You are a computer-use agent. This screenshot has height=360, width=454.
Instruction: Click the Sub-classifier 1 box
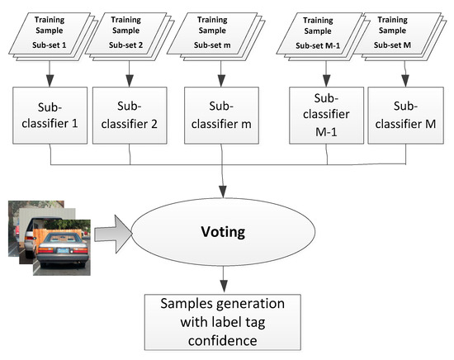click(x=52, y=118)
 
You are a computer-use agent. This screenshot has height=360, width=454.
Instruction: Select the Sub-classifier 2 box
click(x=130, y=118)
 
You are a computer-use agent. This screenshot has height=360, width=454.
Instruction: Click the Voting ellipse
click(x=225, y=232)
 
